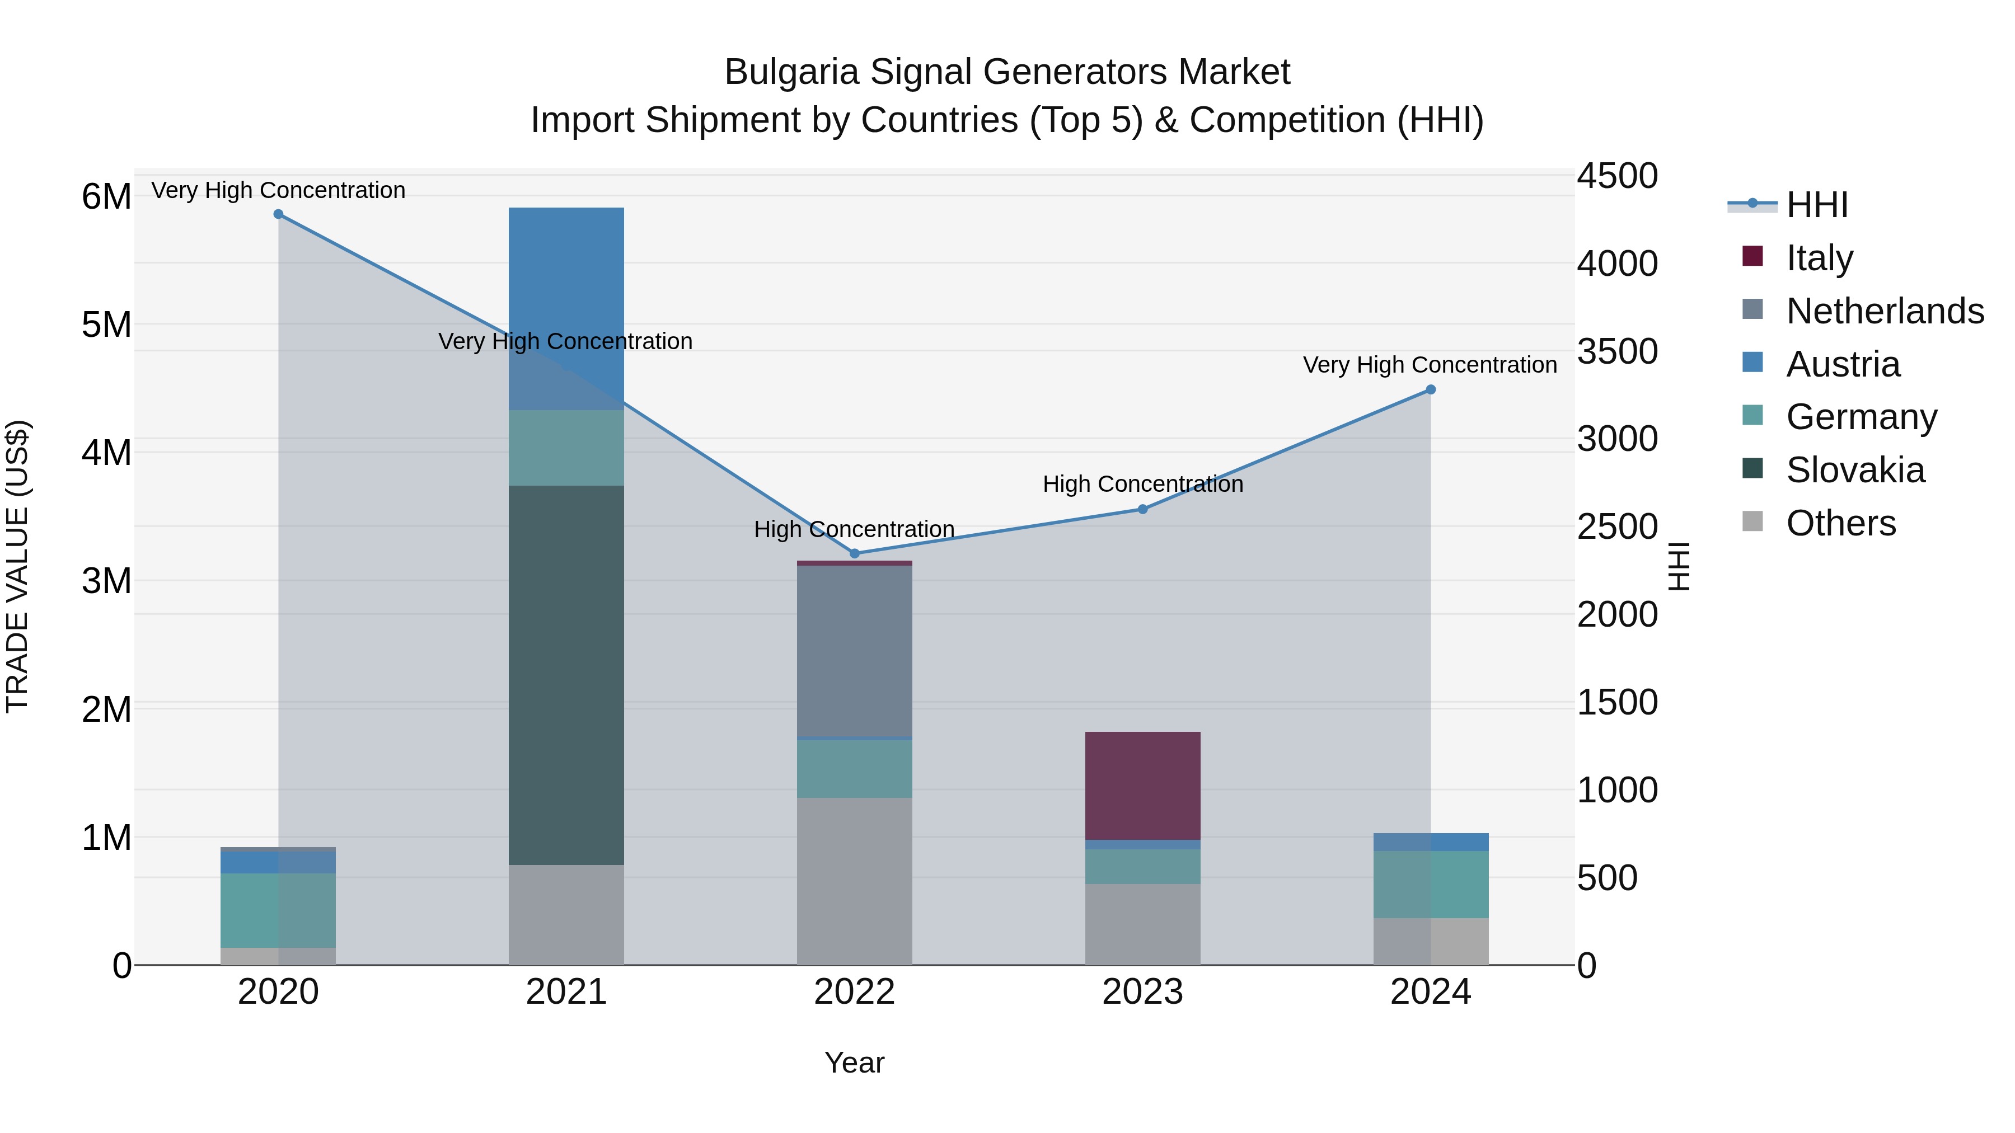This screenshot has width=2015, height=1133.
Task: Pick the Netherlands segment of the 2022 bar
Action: (x=854, y=651)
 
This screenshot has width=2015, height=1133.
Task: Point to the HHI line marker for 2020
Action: (x=279, y=214)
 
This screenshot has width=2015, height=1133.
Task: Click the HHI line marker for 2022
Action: (x=854, y=553)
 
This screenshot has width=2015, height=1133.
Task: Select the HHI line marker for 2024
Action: (x=1431, y=389)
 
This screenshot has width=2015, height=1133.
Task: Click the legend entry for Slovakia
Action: (x=1855, y=470)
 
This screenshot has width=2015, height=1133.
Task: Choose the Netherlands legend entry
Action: (x=1885, y=311)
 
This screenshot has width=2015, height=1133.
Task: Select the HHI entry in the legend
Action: (x=1816, y=205)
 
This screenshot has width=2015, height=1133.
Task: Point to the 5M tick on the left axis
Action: (x=106, y=325)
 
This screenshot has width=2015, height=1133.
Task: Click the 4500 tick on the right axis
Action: (x=1616, y=176)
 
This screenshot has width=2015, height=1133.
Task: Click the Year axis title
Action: (x=854, y=1063)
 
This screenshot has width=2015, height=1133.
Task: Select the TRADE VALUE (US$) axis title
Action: (x=17, y=566)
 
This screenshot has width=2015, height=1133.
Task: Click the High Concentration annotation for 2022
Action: (x=854, y=529)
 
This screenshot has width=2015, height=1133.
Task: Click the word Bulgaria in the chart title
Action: (x=791, y=72)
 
